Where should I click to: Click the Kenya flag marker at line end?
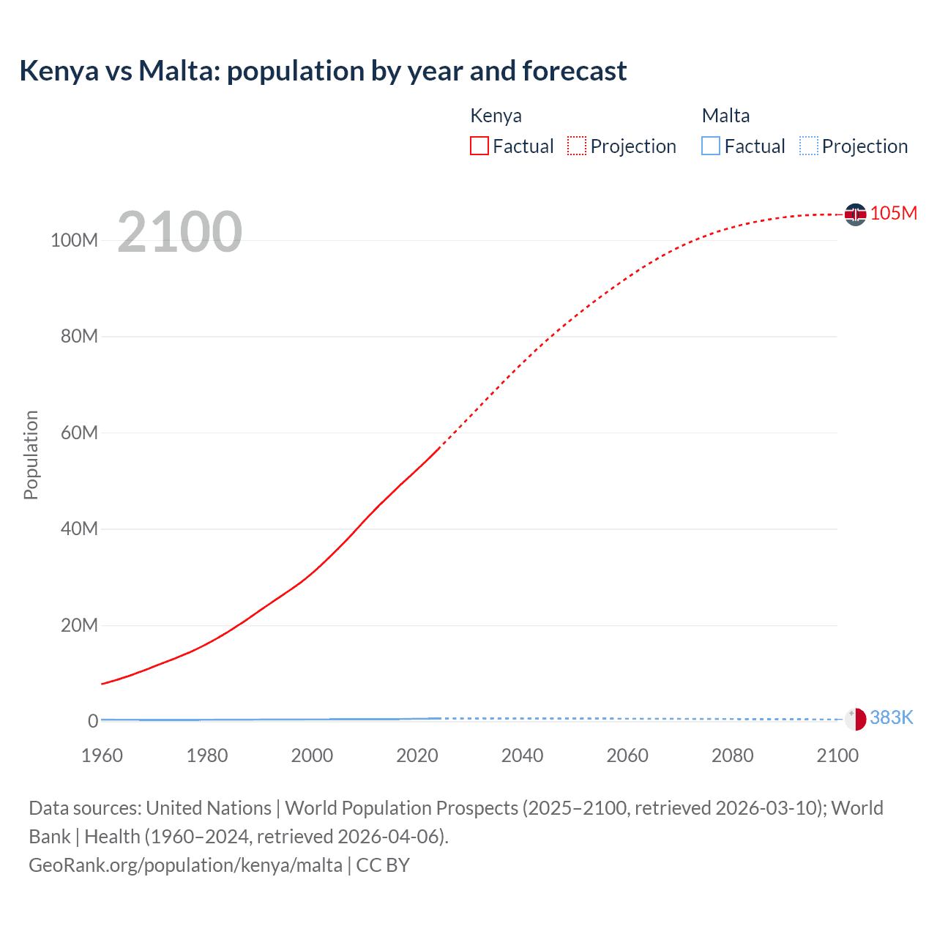(x=855, y=214)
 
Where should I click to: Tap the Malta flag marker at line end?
(x=855, y=719)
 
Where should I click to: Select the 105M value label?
(x=893, y=213)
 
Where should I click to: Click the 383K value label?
(x=891, y=717)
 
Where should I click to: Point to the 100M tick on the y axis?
(x=74, y=240)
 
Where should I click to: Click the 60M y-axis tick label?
(x=79, y=433)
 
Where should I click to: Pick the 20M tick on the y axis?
(x=79, y=625)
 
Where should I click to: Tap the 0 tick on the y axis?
(x=93, y=721)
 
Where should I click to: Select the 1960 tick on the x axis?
(x=102, y=755)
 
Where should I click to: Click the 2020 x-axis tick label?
(x=417, y=755)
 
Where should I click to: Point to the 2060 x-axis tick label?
(x=627, y=755)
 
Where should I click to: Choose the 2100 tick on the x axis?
(x=837, y=755)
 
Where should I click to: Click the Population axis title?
(x=31, y=455)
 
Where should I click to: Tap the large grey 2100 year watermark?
(x=179, y=232)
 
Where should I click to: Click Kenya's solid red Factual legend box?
(x=479, y=146)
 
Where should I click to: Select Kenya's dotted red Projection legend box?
(x=577, y=146)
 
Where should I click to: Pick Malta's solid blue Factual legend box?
(x=711, y=146)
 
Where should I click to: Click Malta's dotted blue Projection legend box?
(x=808, y=146)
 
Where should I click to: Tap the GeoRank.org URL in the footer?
(x=185, y=865)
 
